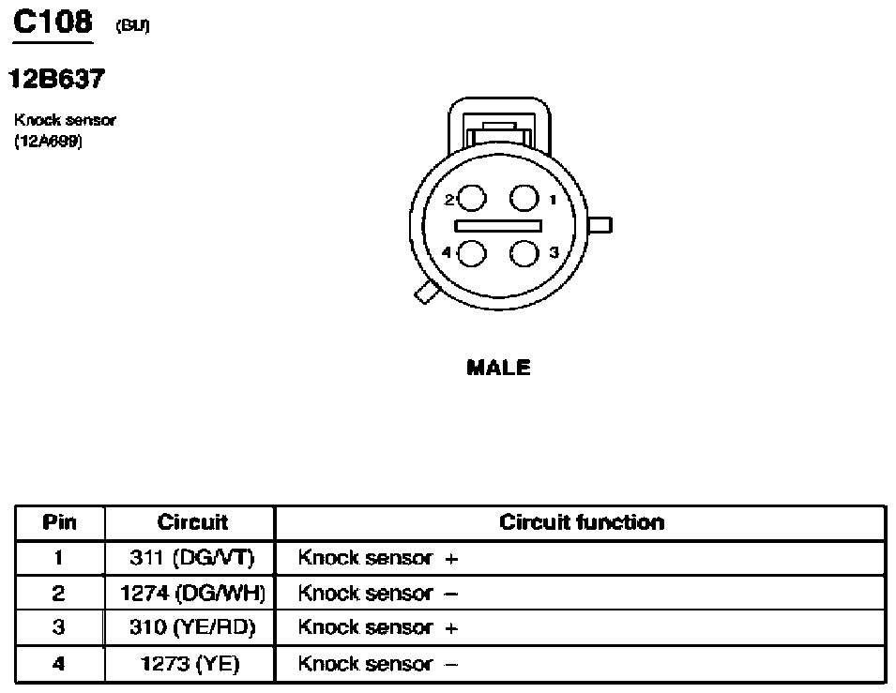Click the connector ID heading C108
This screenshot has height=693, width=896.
(x=53, y=23)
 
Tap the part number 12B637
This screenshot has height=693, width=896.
(x=57, y=79)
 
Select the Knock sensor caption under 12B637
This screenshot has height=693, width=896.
(x=65, y=120)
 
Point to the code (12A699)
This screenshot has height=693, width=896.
(x=49, y=141)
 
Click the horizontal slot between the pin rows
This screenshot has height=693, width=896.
(x=497, y=226)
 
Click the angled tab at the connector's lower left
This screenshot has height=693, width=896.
(x=426, y=293)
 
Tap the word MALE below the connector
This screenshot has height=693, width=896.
(x=498, y=368)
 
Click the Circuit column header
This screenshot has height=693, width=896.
(x=192, y=522)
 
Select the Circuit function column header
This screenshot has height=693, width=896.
(x=582, y=522)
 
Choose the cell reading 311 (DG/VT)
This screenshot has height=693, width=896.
(x=192, y=558)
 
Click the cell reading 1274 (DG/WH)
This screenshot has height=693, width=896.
(x=192, y=593)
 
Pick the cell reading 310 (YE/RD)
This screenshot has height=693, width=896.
(x=192, y=627)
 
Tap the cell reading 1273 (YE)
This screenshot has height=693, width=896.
(x=190, y=663)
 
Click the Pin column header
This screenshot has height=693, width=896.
(x=59, y=522)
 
